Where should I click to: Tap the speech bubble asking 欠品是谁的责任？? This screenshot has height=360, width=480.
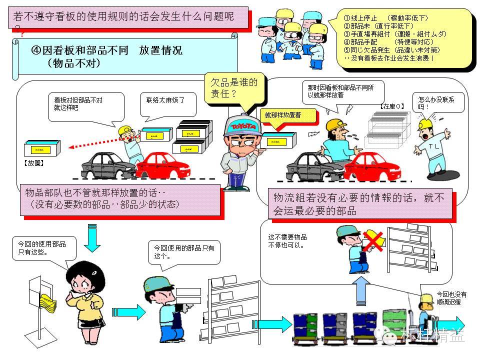coord(235,88)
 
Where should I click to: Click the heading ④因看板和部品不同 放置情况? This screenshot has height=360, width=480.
coord(107,50)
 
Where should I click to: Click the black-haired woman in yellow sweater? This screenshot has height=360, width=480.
coord(82,300)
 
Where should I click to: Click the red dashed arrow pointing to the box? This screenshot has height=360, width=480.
coord(94,142)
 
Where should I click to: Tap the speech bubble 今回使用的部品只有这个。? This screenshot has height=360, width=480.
coord(183,251)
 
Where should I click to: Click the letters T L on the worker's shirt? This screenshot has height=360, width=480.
coord(433,145)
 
